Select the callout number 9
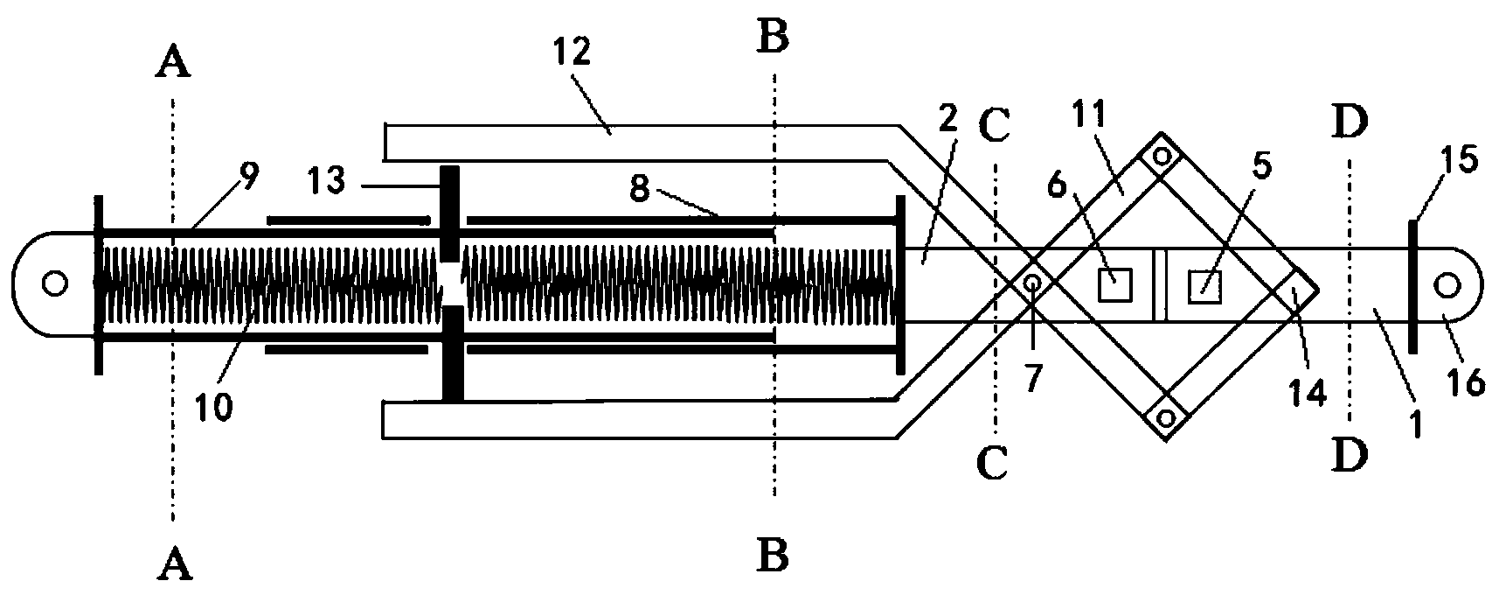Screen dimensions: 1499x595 click(249, 178)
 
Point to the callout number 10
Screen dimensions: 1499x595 click(215, 407)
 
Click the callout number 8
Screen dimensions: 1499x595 click(641, 189)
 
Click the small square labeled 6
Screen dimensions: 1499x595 click(1114, 284)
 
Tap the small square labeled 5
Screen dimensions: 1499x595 click(1204, 285)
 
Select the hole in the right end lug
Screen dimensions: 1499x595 click(1445, 284)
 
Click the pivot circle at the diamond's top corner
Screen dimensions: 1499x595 click(1162, 157)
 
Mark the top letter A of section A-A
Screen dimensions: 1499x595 click(175, 64)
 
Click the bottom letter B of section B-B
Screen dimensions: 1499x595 click(774, 553)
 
